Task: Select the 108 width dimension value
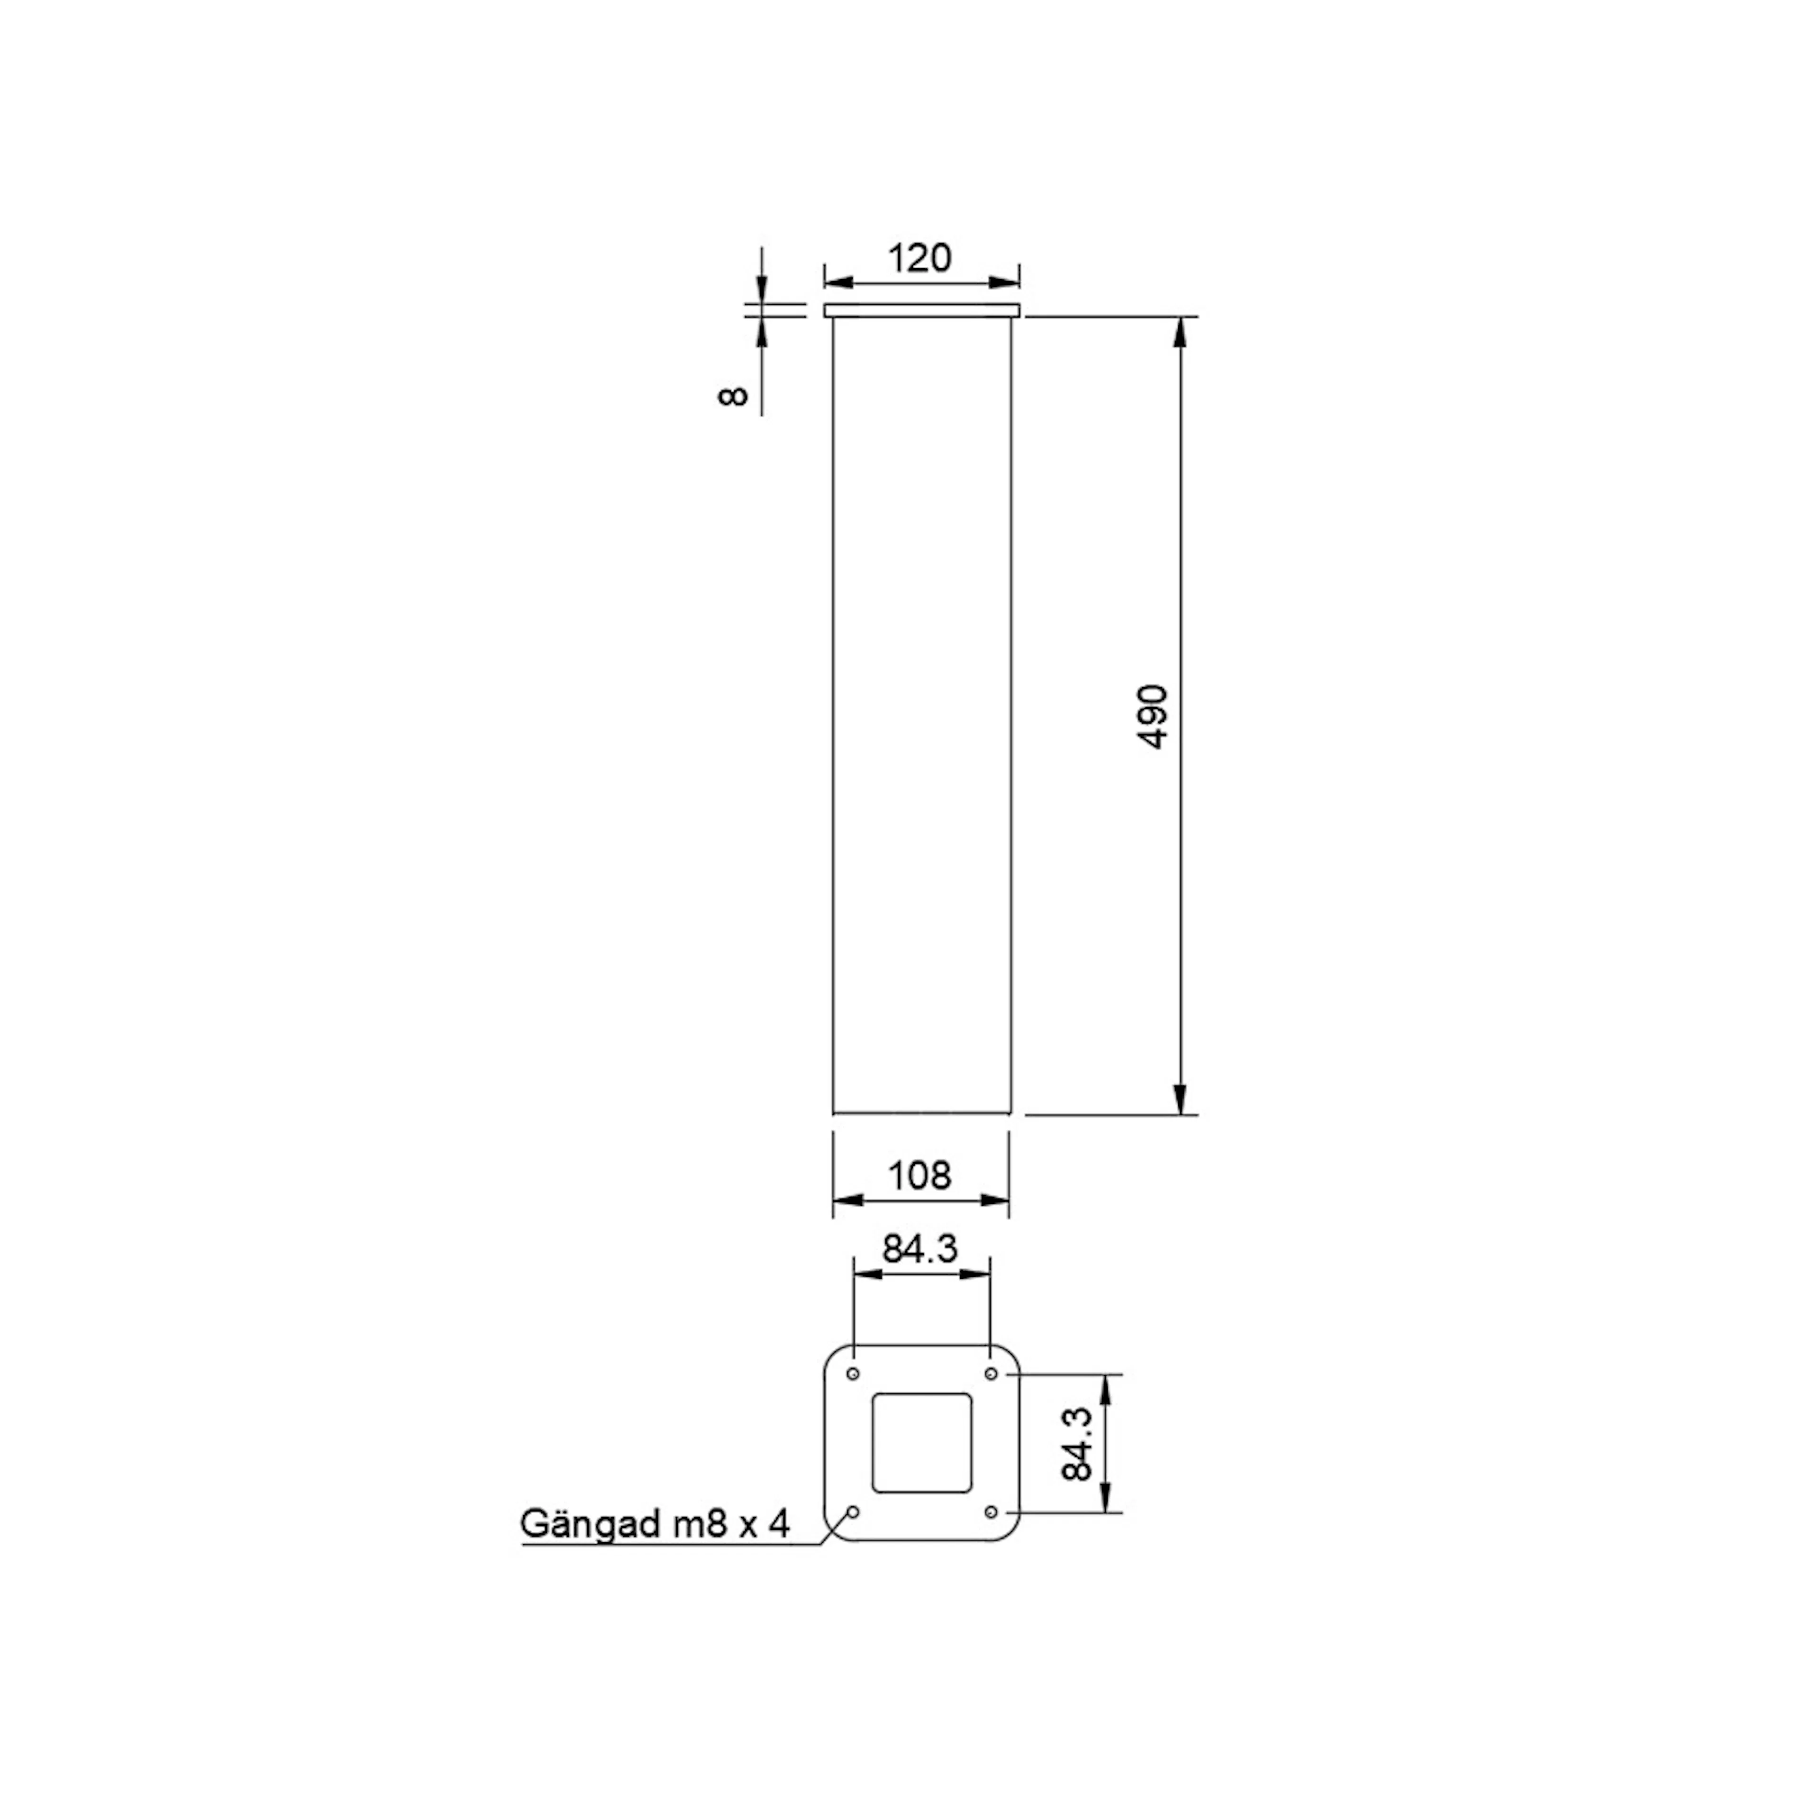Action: (x=919, y=1175)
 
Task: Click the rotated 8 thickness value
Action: (x=733, y=396)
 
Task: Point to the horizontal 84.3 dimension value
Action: (x=919, y=1249)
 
